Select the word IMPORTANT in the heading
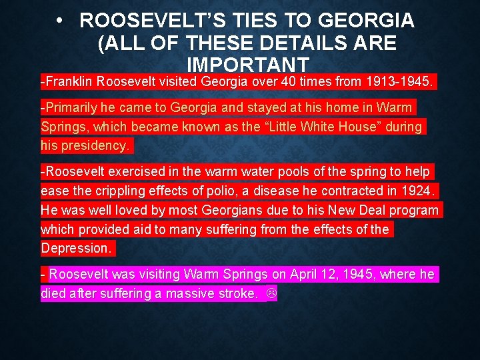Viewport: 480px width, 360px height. click(x=249, y=65)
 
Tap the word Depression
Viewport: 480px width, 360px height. click(x=77, y=248)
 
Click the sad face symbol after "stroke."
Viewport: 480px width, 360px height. click(x=271, y=293)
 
